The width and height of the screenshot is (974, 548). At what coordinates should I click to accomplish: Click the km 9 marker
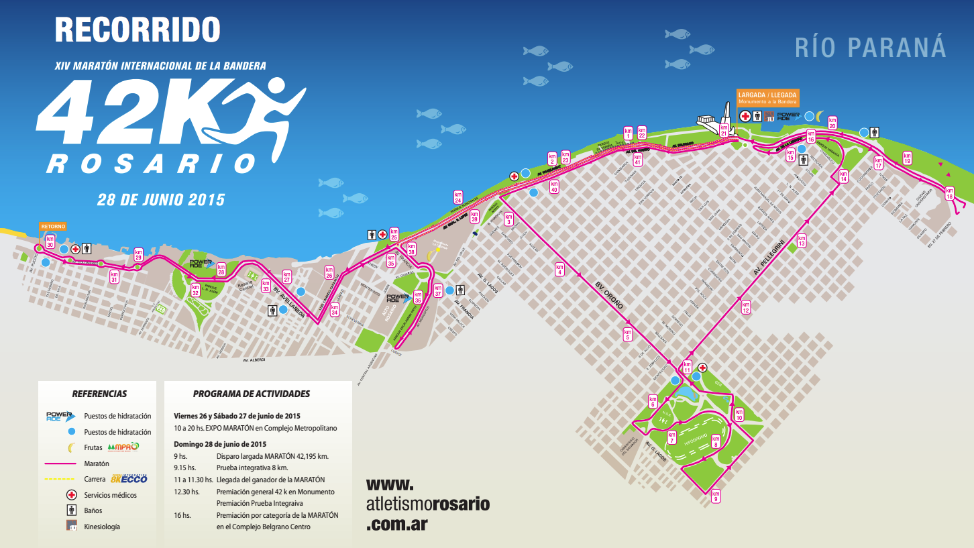716,496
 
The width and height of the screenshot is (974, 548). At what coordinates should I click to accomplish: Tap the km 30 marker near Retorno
50,242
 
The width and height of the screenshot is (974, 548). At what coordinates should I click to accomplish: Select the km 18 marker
949,193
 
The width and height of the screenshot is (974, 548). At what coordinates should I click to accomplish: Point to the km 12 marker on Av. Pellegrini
745,307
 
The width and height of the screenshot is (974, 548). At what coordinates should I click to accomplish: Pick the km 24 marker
457,197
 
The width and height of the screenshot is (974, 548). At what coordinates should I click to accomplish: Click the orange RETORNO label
53,227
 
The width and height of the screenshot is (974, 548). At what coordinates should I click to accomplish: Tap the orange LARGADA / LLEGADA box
767,98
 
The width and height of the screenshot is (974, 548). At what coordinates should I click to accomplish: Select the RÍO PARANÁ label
870,48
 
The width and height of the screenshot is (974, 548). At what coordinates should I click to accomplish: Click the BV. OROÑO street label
609,295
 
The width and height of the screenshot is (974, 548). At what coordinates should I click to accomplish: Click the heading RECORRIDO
137,30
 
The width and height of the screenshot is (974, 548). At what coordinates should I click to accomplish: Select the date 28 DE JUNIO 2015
161,200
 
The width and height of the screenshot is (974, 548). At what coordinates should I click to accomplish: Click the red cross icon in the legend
70,495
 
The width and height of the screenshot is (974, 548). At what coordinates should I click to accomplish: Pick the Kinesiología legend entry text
102,527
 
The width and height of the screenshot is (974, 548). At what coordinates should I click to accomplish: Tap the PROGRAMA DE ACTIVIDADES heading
252,394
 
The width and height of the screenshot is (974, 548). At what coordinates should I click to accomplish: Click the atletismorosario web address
427,504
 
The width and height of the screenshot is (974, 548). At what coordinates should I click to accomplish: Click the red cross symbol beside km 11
702,368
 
